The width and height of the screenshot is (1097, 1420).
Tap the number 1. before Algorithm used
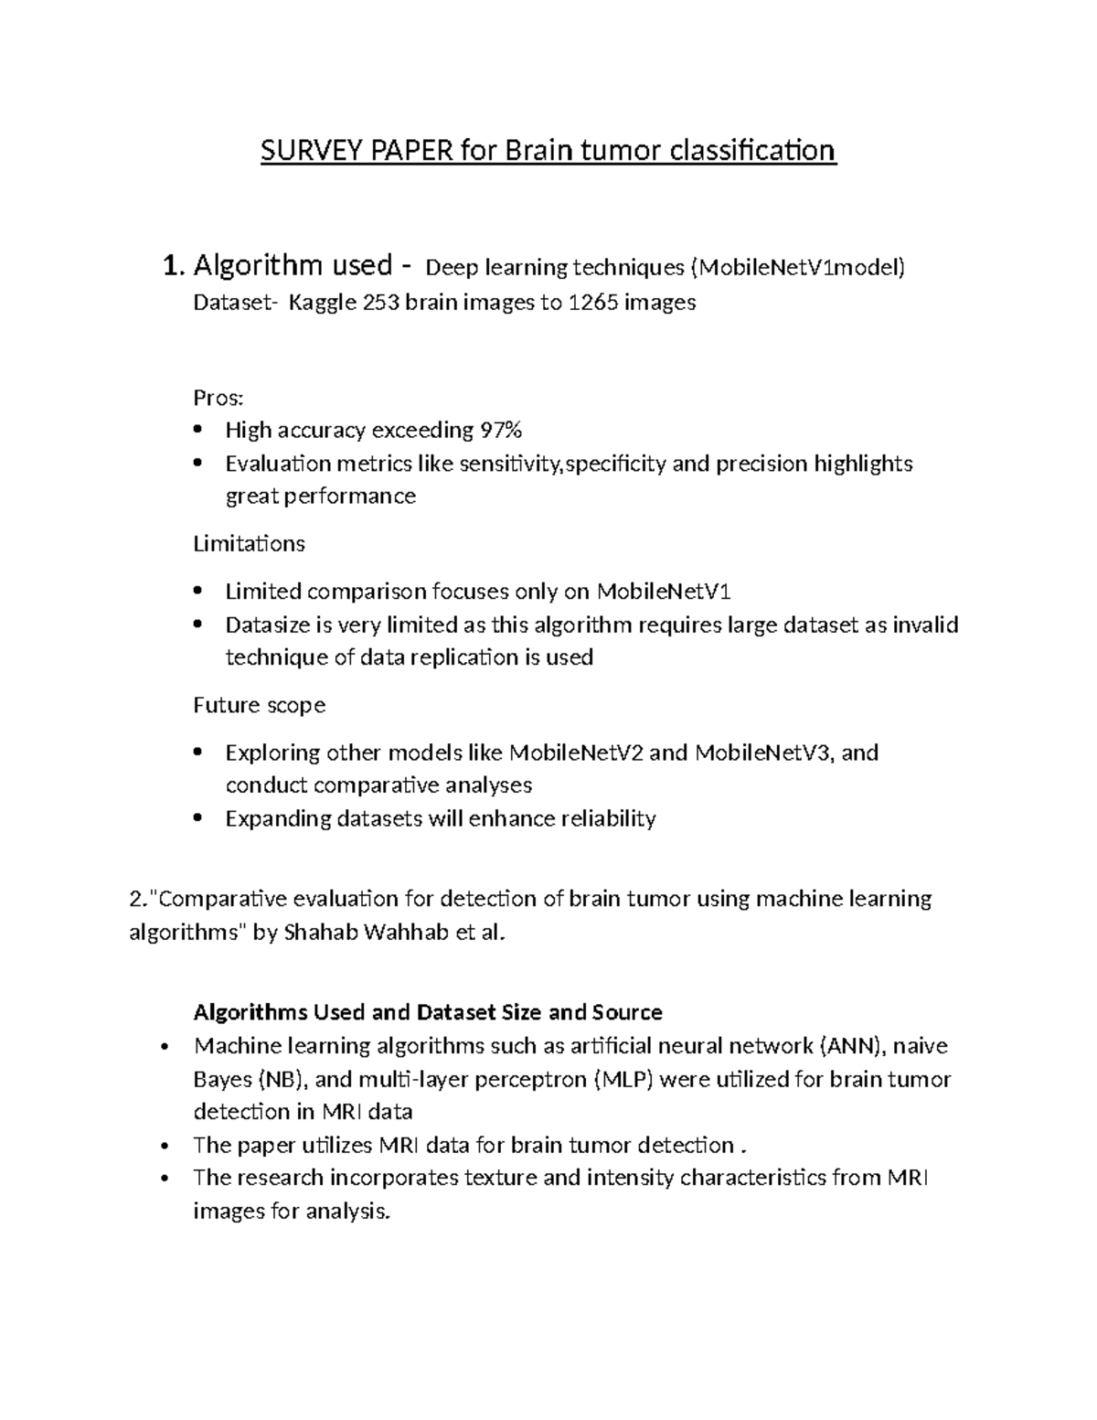point(173,266)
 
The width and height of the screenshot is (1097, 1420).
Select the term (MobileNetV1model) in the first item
point(797,268)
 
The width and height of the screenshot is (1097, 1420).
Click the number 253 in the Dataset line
point(381,303)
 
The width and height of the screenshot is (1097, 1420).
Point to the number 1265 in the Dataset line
point(593,303)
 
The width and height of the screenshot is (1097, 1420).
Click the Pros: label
point(218,398)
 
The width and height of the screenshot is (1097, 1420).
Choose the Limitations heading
point(249,544)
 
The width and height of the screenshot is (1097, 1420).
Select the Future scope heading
point(259,705)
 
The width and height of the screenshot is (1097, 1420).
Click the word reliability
point(608,818)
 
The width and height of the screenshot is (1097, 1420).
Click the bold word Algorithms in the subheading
point(250,1012)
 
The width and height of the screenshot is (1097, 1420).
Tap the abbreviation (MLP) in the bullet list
point(623,1080)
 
